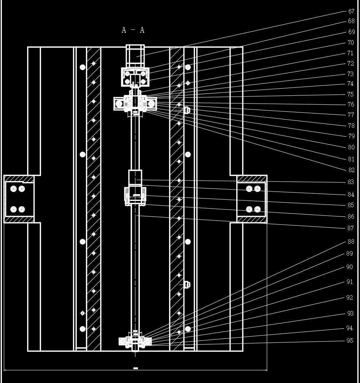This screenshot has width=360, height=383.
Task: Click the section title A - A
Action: click(133, 30)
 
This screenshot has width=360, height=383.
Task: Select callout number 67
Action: click(351, 12)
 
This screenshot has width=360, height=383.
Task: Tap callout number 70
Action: click(351, 43)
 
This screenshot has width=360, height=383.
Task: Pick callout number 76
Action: click(351, 105)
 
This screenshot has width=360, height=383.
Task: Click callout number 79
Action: click(351, 136)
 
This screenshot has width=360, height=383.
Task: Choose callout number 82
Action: click(351, 170)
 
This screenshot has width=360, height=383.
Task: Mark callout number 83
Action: click(351, 182)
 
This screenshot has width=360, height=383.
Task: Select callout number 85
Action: click(351, 205)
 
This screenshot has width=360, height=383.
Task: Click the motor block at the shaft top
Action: click(135, 56)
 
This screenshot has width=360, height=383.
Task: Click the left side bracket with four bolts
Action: click(18, 199)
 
